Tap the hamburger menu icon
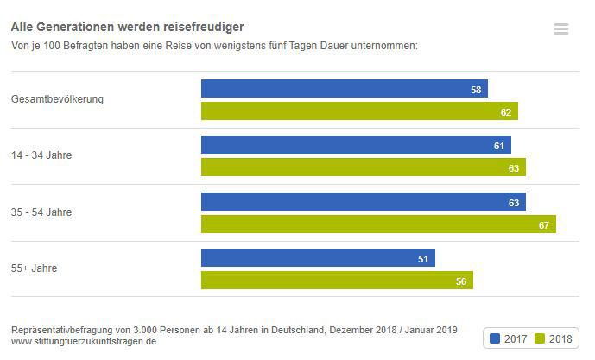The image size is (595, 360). (x=561, y=29)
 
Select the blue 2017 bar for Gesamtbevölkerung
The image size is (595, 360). (x=344, y=89)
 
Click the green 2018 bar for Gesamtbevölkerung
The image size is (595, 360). (x=359, y=111)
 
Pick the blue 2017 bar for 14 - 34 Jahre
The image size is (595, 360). (x=356, y=145)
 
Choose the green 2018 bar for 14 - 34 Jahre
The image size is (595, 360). (x=363, y=167)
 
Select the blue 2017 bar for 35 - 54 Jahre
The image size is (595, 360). (x=363, y=202)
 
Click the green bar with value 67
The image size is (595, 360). (x=378, y=224)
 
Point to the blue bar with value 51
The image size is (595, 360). (x=318, y=258)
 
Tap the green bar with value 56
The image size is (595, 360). (x=337, y=281)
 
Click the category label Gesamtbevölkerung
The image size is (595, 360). (x=57, y=99)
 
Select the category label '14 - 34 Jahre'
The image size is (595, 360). (x=41, y=156)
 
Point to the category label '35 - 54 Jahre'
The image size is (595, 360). (x=41, y=212)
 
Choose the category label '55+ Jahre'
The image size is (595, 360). (x=35, y=268)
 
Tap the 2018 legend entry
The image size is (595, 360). (x=554, y=338)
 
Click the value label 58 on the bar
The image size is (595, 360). (x=476, y=90)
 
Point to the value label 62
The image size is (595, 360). (x=506, y=112)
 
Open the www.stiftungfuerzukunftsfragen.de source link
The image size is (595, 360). (x=84, y=341)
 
